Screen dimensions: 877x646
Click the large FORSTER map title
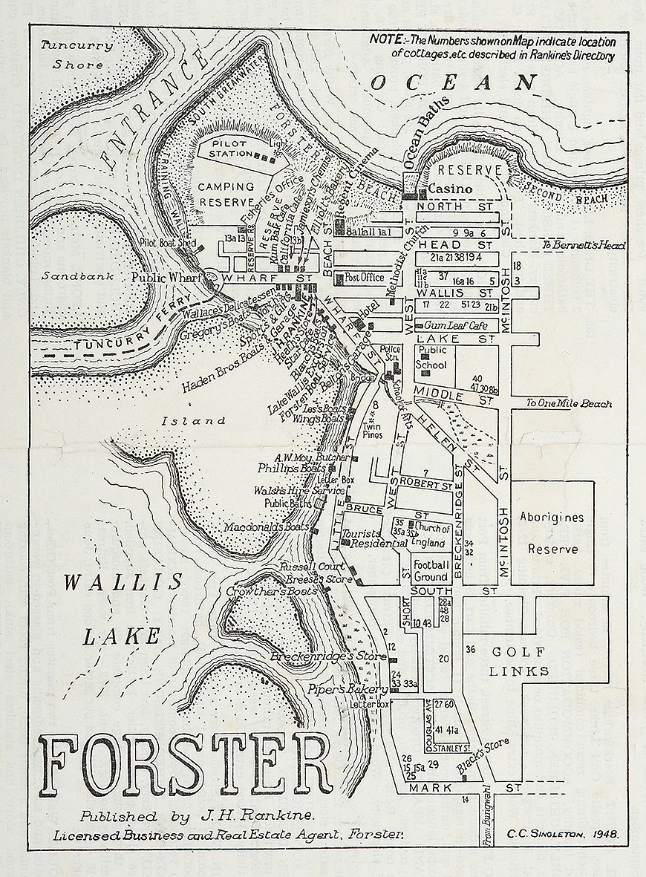186,765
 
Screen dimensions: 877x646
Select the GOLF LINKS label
520,662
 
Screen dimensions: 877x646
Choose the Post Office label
364,278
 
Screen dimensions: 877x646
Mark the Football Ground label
431,570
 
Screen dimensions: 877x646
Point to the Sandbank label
67,276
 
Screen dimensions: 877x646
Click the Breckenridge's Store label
327,657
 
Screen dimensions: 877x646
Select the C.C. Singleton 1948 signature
564,835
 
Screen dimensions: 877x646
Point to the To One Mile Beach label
569,403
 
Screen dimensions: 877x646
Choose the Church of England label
432,535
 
